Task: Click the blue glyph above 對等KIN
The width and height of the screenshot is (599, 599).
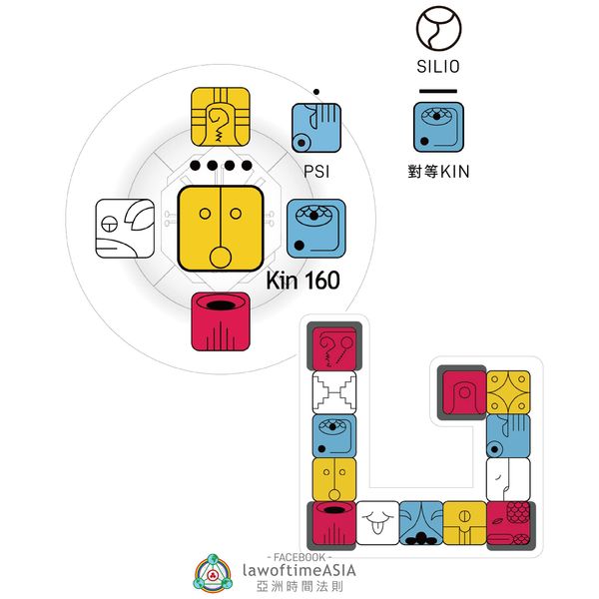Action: pos(438,128)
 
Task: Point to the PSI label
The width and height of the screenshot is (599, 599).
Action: pos(316,171)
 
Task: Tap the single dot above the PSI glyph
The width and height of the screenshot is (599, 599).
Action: pos(316,92)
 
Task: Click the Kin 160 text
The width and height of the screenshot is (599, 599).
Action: pos(303,282)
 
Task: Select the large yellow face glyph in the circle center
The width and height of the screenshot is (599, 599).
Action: pos(221,227)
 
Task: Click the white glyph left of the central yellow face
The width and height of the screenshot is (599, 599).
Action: pos(125,228)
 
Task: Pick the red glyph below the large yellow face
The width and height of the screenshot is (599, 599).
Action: pos(220,321)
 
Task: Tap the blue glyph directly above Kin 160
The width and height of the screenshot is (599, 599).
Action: pos(316,227)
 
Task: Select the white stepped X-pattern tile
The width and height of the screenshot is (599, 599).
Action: pos(334,392)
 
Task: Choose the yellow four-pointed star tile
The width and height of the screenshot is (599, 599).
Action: pos(507,392)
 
